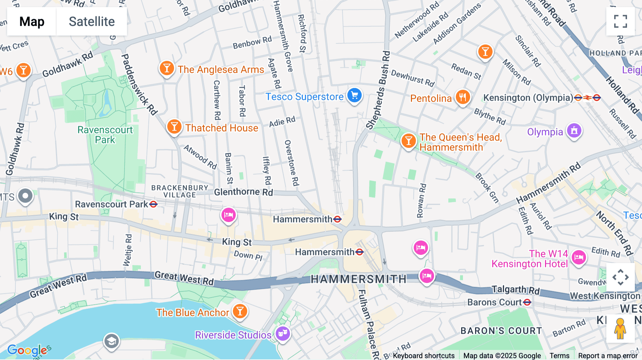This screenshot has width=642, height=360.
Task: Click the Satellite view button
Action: click(92, 21)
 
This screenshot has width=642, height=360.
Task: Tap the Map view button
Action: click(32, 21)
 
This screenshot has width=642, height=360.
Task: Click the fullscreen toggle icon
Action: click(620, 21)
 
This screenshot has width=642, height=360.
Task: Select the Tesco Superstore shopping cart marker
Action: click(354, 96)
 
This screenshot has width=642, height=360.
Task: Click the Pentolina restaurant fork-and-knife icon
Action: click(462, 97)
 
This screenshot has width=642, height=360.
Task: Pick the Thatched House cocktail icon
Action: click(174, 127)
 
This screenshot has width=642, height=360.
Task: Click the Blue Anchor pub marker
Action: click(240, 311)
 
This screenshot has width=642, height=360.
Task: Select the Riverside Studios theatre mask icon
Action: click(283, 334)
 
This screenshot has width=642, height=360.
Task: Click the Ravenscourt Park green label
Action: click(105, 135)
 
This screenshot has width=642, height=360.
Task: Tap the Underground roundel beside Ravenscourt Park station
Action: click(153, 204)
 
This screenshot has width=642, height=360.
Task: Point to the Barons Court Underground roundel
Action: click(527, 302)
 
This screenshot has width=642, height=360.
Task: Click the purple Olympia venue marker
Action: click(574, 131)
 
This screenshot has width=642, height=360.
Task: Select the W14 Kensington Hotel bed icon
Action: click(579, 257)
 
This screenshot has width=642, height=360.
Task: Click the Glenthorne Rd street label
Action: click(243, 192)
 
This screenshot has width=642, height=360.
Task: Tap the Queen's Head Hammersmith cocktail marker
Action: click(408, 141)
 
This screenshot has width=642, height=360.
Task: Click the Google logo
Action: click(27, 350)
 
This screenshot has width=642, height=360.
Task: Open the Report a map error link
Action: click(608, 356)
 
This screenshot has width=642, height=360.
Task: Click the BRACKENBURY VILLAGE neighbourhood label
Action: click(180, 191)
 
